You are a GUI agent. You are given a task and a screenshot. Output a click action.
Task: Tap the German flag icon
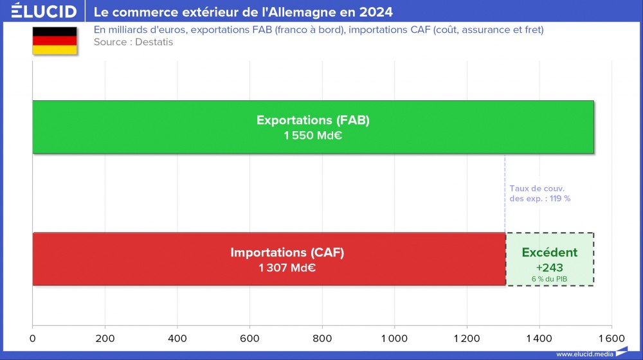tap(55, 40)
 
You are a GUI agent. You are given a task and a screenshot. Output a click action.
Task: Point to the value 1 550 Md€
tap(313, 136)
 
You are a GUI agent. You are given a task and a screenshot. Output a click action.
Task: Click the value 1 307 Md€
tap(287, 268)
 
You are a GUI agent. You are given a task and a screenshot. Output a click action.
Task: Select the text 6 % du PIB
tap(549, 278)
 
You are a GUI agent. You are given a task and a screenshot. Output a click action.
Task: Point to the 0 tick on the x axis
tap(33, 337)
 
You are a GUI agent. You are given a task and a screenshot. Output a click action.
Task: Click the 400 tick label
tap(177, 337)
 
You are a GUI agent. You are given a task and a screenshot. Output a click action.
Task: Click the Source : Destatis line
tap(133, 42)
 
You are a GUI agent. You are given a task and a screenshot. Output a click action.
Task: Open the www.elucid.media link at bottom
tap(584, 354)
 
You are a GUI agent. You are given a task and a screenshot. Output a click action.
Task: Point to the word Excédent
tap(549, 253)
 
